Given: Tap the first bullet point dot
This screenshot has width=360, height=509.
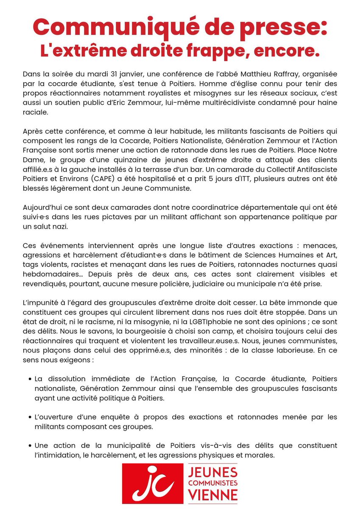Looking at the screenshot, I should click(x=29, y=378).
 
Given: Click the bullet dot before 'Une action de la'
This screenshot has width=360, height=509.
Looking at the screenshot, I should click(x=29, y=447).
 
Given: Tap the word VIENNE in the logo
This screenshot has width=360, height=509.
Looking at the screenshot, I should click(x=213, y=495).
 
